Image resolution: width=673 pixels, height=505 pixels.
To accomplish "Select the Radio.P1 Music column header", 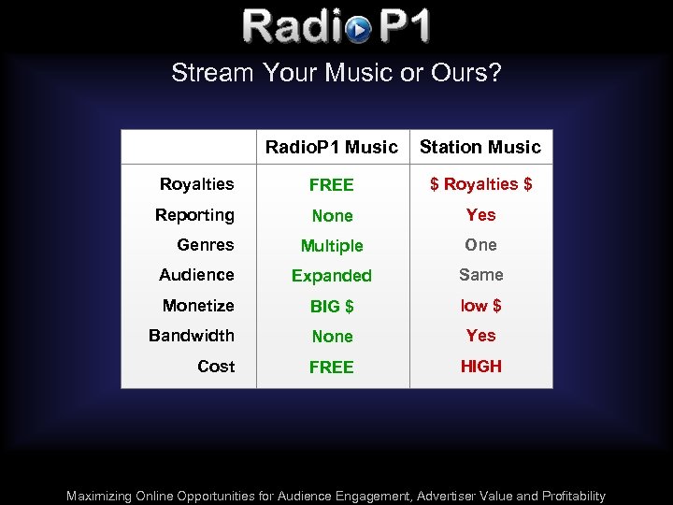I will [x=332, y=147].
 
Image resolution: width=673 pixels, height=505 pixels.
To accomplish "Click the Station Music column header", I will [x=480, y=147].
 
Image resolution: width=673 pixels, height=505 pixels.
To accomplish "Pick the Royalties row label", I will [x=196, y=184].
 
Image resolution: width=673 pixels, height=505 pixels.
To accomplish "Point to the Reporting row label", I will [x=194, y=215].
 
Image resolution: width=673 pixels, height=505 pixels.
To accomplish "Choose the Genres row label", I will [x=206, y=245].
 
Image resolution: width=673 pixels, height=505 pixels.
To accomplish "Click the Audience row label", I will [x=196, y=275].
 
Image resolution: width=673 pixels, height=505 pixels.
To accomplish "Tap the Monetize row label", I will [x=198, y=306].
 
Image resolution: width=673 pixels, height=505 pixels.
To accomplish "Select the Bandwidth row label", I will [x=192, y=336].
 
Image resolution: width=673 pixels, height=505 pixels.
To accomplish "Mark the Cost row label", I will [x=216, y=367].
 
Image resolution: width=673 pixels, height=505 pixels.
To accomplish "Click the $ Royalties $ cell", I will [x=480, y=184].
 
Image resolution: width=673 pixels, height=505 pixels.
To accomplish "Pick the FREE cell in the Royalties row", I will [x=332, y=185].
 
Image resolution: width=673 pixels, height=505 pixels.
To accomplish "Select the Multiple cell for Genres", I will [x=332, y=246].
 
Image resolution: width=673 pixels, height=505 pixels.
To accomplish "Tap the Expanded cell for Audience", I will [x=332, y=276].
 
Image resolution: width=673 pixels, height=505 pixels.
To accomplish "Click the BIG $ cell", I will [x=332, y=307].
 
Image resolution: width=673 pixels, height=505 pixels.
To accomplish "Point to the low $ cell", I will [x=480, y=306].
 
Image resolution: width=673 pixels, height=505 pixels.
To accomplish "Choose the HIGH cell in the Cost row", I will [x=480, y=367].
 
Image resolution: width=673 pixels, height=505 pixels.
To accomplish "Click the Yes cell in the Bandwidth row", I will [x=480, y=336].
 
